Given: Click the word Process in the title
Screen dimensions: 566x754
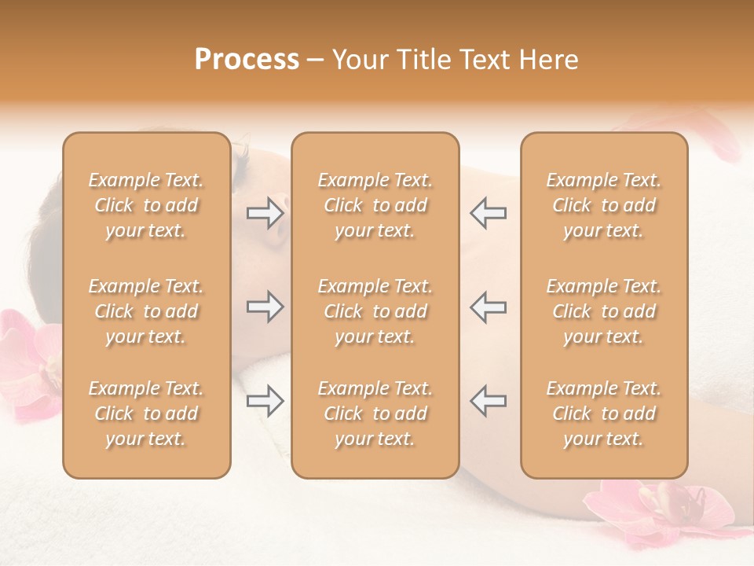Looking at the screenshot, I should (247, 60).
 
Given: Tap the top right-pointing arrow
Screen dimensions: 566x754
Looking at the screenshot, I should (265, 212).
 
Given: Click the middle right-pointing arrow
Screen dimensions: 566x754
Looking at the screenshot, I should (265, 307).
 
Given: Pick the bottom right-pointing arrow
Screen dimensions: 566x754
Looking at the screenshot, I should (265, 401).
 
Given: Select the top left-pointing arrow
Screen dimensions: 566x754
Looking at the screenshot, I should (488, 212).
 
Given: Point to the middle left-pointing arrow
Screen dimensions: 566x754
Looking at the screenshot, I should (488, 307).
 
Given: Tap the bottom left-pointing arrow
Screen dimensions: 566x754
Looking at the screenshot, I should (488, 401).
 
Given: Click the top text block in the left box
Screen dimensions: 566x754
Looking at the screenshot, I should (146, 205).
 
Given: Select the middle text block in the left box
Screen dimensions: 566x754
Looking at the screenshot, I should (146, 311).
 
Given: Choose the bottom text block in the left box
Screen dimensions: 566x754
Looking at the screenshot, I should (146, 413).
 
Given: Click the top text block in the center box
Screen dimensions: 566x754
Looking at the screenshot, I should (375, 205).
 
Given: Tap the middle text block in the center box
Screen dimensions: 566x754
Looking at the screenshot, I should (375, 311).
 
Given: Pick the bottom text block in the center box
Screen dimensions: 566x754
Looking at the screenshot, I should (375, 413).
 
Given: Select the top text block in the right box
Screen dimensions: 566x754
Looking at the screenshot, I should (603, 205).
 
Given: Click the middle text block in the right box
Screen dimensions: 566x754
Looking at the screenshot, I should (603, 311).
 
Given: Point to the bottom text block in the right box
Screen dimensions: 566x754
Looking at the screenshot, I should (603, 413).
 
